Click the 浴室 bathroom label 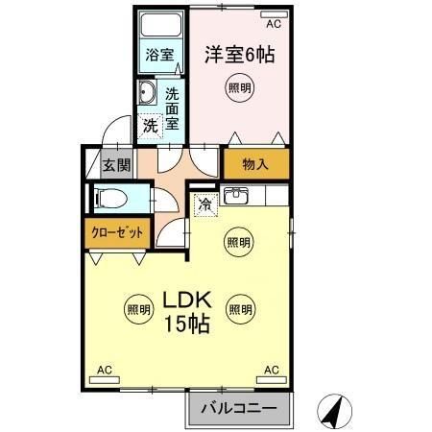(x=160, y=55)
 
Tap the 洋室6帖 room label (x=239, y=55)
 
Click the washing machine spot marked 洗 (x=151, y=125)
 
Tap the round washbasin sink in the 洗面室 (x=148, y=93)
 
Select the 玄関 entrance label (x=116, y=164)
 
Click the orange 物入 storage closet (x=255, y=164)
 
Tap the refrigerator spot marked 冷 (x=204, y=204)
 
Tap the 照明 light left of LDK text (x=137, y=309)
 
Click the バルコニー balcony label (x=238, y=409)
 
